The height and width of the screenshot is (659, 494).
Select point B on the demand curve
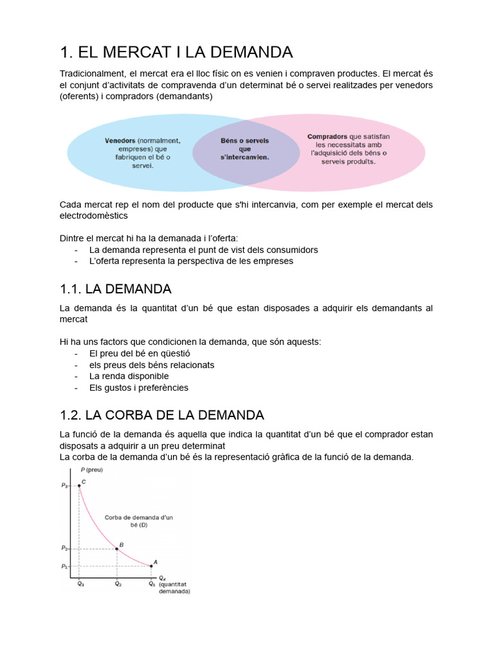(116, 548)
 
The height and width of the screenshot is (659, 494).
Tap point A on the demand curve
(151, 566)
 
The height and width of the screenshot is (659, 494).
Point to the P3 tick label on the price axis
(65, 486)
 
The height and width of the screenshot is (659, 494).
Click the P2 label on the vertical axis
(65, 548)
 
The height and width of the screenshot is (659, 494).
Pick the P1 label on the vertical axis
(65, 566)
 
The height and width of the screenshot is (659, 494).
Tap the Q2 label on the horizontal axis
(117, 584)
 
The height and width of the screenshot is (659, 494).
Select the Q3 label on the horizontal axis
(80, 584)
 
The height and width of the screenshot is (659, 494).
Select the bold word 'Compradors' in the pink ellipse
(328, 136)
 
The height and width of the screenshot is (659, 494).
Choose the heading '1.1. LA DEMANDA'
(115, 288)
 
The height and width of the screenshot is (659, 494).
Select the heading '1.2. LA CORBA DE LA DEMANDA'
(161, 414)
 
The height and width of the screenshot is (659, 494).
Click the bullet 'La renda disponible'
(129, 376)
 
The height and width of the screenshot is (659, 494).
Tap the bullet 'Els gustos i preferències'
(138, 387)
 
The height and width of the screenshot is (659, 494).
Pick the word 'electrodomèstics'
(94, 216)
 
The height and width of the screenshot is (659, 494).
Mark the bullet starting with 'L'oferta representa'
(191, 261)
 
